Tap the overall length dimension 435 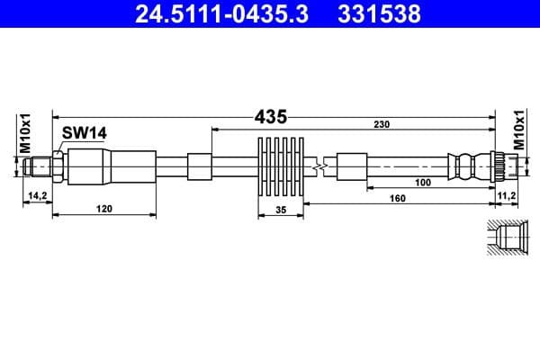coord(270,116)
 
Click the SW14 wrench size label coord(85,133)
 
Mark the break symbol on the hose coord(317,166)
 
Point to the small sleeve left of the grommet coord(200,166)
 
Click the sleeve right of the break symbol coord(351,166)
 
